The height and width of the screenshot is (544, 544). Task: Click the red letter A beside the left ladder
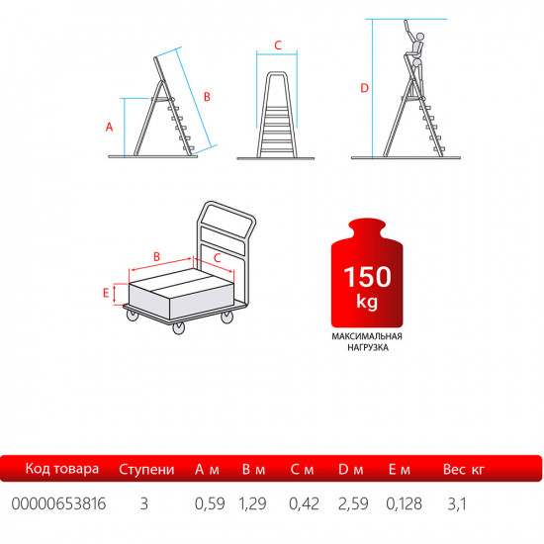pyautogui.click(x=109, y=127)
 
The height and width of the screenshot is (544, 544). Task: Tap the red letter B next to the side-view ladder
pyautogui.click(x=207, y=97)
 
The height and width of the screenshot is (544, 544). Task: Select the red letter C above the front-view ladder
pyautogui.click(x=278, y=45)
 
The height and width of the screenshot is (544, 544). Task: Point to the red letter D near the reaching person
pyautogui.click(x=364, y=88)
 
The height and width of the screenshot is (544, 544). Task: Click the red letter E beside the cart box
pyautogui.click(x=106, y=293)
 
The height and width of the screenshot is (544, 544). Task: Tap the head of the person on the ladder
pyautogui.click(x=419, y=37)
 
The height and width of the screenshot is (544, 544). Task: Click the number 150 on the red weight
pyautogui.click(x=367, y=277)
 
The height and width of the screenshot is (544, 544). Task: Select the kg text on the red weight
pyautogui.click(x=367, y=302)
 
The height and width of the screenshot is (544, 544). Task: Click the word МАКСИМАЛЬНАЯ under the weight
pyautogui.click(x=367, y=336)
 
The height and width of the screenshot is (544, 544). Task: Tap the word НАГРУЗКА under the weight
pyautogui.click(x=368, y=347)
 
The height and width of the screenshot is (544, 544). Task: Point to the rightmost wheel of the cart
pyautogui.click(x=227, y=317)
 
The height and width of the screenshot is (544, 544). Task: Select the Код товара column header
pyautogui.click(x=62, y=469)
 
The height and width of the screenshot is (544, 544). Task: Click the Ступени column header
pyautogui.click(x=146, y=470)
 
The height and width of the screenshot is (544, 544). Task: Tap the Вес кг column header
pyautogui.click(x=464, y=470)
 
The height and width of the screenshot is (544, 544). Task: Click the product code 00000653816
pyautogui.click(x=58, y=503)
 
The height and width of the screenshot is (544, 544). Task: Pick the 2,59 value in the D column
pyautogui.click(x=353, y=503)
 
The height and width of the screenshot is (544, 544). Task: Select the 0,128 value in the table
pyautogui.click(x=405, y=503)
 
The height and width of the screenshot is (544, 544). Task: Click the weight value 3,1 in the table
pyautogui.click(x=457, y=503)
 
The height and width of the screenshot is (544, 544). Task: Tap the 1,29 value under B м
pyautogui.click(x=252, y=503)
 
